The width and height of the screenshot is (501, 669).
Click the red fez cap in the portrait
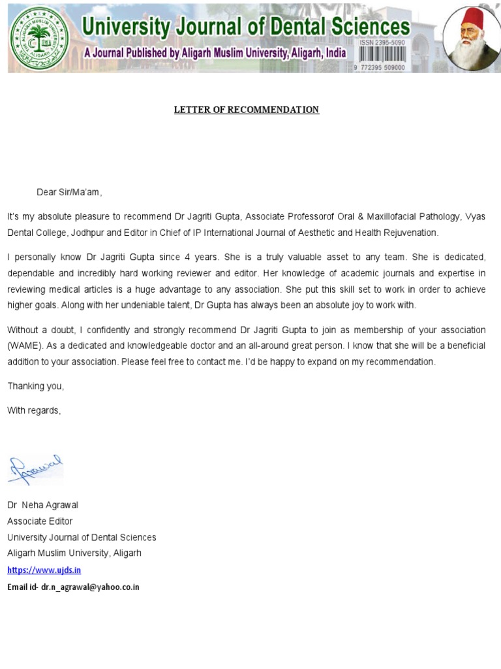[471, 23]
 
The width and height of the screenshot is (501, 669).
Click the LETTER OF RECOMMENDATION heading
[246, 110]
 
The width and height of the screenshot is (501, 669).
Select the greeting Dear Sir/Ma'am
[69, 192]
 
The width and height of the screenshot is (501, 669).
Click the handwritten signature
[37, 469]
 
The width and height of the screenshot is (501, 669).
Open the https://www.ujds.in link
[44, 570]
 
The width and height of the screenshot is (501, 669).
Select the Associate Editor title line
[40, 521]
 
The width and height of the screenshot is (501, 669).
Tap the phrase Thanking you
[36, 386]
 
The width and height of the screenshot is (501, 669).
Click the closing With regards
[34, 410]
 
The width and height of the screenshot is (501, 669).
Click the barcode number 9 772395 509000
[379, 67]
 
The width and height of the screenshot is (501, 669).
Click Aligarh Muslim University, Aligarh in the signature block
[74, 553]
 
